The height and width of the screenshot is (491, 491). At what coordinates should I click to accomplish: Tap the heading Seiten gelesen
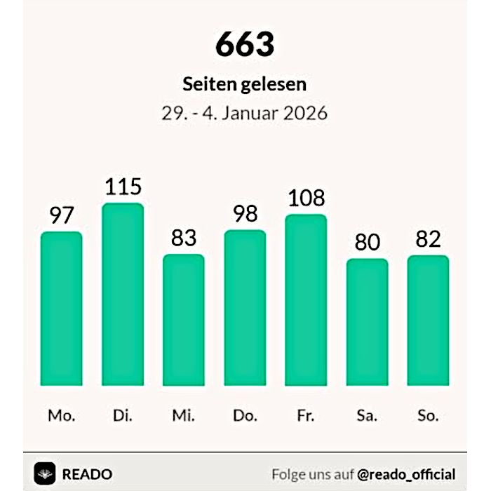tap(245, 84)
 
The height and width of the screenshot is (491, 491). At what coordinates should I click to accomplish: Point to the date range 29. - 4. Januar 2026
tap(245, 113)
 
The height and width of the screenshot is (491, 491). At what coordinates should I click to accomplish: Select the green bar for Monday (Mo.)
tap(61, 309)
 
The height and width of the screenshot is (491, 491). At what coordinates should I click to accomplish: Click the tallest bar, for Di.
tap(123, 295)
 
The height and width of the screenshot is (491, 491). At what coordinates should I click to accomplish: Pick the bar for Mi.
tap(184, 320)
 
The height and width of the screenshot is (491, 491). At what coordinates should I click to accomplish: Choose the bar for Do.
tap(245, 308)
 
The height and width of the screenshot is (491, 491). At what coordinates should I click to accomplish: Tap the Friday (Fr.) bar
tap(307, 300)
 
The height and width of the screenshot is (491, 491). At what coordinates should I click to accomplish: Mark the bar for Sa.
tap(368, 322)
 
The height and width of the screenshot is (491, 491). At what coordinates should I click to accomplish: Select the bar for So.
tap(428, 321)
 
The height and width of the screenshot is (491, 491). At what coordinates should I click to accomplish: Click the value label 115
tap(123, 187)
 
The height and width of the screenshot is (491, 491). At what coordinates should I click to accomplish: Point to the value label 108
tap(307, 199)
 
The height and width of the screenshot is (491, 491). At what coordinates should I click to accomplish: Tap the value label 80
tap(368, 243)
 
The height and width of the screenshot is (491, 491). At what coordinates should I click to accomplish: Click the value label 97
tap(61, 215)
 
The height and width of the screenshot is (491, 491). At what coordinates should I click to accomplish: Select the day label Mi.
tap(184, 415)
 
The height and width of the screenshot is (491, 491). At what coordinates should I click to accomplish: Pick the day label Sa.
tap(368, 415)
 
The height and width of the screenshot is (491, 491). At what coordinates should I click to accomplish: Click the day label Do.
tap(245, 415)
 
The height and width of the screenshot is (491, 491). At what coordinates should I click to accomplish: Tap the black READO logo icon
tap(45, 473)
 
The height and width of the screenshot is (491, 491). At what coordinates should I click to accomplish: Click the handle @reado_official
tap(406, 473)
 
